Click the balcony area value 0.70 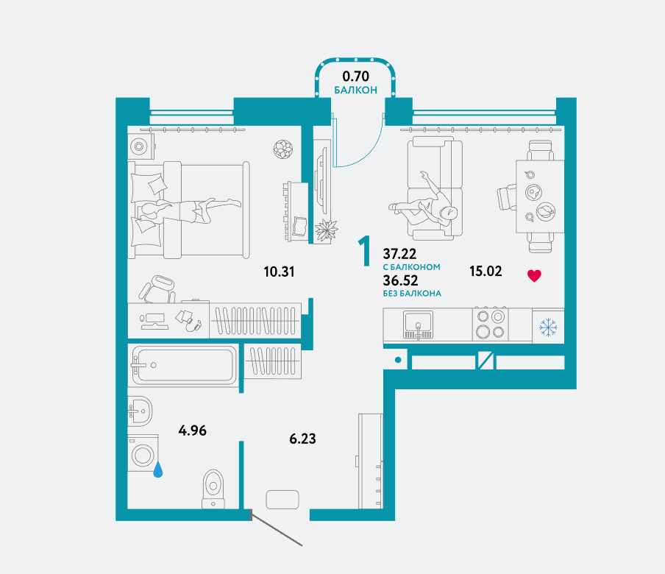click(x=355, y=77)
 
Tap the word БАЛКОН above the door click(x=355, y=90)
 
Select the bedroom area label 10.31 click(x=279, y=272)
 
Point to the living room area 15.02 click(x=486, y=271)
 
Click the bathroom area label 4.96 click(x=193, y=431)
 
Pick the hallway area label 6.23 click(x=302, y=439)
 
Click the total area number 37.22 click(x=399, y=254)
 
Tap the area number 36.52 click(x=400, y=280)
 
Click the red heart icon click(x=534, y=276)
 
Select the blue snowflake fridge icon click(x=548, y=327)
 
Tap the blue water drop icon click(x=157, y=470)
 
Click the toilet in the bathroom click(x=213, y=489)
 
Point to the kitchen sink click(x=418, y=325)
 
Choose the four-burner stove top click(x=490, y=324)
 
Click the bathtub click(x=184, y=365)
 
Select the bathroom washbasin click(x=140, y=411)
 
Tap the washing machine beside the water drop click(x=143, y=453)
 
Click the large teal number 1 click(x=365, y=251)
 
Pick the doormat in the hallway click(x=282, y=500)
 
